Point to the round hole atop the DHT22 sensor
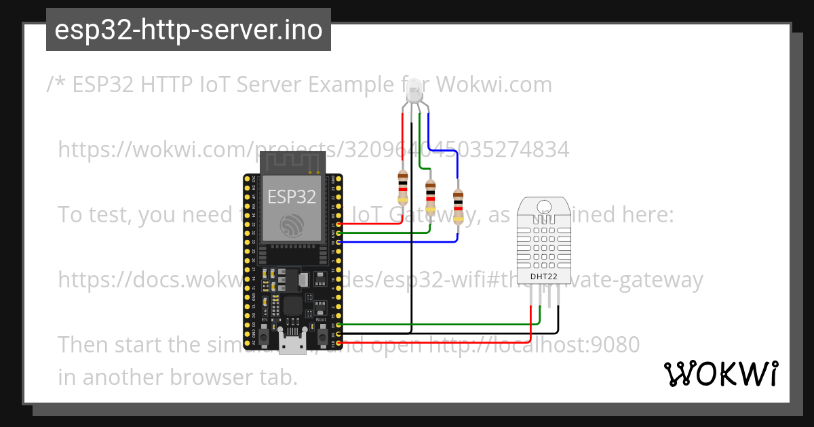544,206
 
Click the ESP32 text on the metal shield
292,197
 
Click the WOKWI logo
721,373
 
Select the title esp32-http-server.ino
189,30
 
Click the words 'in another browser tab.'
178,377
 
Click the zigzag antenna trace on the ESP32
292,163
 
